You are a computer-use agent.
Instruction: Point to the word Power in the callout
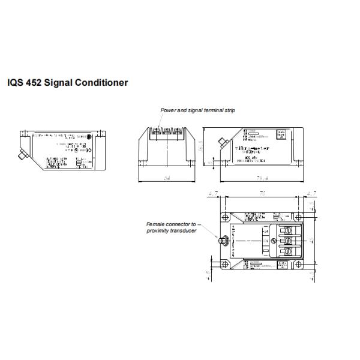(x=167, y=110)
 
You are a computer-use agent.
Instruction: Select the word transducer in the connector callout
(x=182, y=230)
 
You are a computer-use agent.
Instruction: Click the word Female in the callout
(x=156, y=224)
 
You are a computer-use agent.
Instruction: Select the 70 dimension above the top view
(x=262, y=194)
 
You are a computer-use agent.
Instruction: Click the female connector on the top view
(x=221, y=241)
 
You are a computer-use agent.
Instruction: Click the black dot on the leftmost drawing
(x=89, y=137)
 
